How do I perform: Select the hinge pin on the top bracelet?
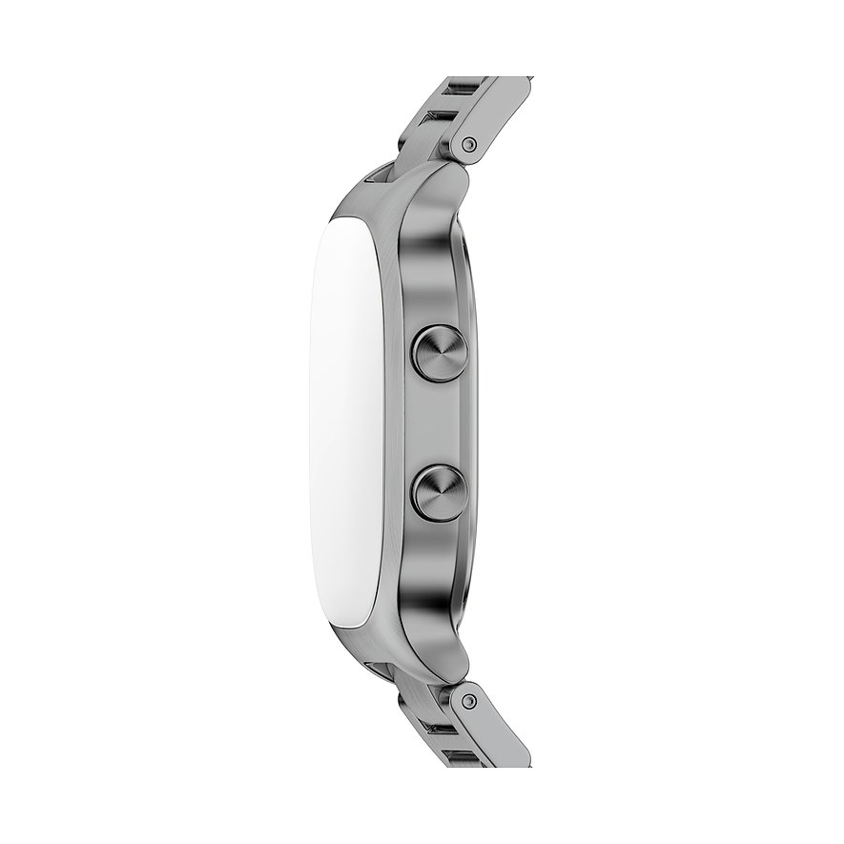pyautogui.click(x=468, y=143)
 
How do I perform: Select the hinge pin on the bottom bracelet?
pyautogui.click(x=468, y=702)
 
